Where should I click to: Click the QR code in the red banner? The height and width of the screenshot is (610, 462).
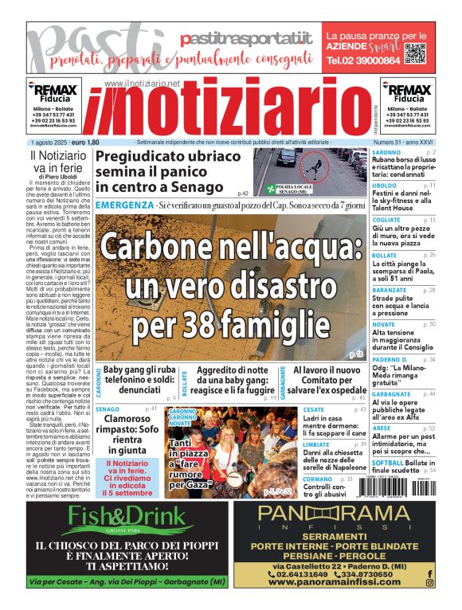coord(415,53)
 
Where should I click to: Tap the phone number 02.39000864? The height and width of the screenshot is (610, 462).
coord(363,61)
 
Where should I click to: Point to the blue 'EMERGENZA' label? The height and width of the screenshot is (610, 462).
coord(123,205)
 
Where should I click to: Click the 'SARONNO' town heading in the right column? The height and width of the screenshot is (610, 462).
coord(386,151)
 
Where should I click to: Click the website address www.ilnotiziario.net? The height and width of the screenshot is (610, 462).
coord(142,83)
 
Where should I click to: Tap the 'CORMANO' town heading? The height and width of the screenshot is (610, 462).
coord(318,479)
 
